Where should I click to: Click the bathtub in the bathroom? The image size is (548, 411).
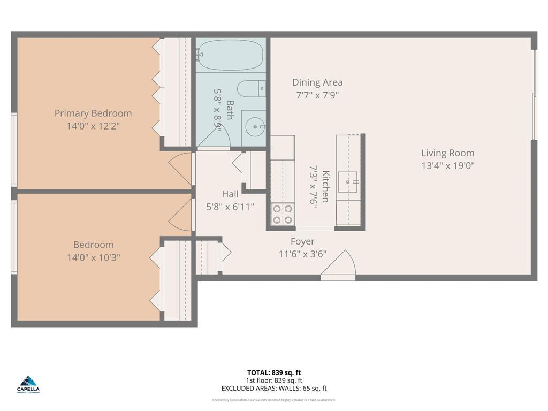tap(230, 55)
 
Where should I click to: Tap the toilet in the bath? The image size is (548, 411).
tap(251, 89)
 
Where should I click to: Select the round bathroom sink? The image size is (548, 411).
tap(255, 127)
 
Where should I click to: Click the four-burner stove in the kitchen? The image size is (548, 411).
tap(283, 214)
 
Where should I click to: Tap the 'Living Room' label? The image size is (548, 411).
tap(447, 153)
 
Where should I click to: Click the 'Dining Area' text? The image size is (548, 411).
tap(317, 82)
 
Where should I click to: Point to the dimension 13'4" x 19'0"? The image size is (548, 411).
tap(447, 166)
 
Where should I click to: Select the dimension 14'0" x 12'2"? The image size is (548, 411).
tap(93, 126)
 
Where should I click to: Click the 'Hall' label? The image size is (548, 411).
tap(230, 194)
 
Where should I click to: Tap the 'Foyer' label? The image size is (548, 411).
tap(302, 241)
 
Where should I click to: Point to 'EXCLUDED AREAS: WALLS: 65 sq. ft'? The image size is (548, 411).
tap(273, 389)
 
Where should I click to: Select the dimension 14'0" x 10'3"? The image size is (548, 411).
tap(93, 257)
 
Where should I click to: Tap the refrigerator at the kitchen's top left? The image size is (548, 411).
tap(282, 148)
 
